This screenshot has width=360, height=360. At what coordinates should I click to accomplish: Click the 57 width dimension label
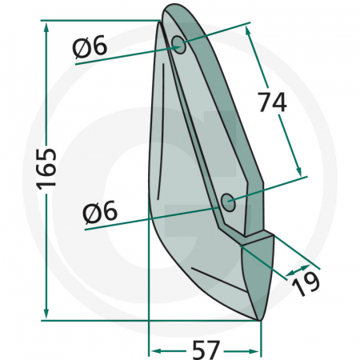206,350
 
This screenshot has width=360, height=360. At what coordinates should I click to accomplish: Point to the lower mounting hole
229,203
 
